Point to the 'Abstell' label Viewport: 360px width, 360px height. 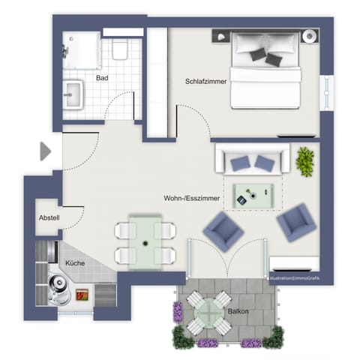[49, 218]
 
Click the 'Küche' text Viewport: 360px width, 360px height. [74, 263]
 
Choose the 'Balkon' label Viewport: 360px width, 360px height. [238, 309]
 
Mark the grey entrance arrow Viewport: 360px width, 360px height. [46, 151]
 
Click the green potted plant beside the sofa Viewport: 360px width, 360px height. [305, 161]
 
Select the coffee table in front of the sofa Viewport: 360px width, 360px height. [253, 196]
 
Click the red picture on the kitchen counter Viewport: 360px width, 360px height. [82, 295]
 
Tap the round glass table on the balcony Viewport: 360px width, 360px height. [204, 312]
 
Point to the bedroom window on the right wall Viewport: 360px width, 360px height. [327, 94]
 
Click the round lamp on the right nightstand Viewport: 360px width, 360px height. [307, 36]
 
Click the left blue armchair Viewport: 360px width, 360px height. [223, 231]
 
